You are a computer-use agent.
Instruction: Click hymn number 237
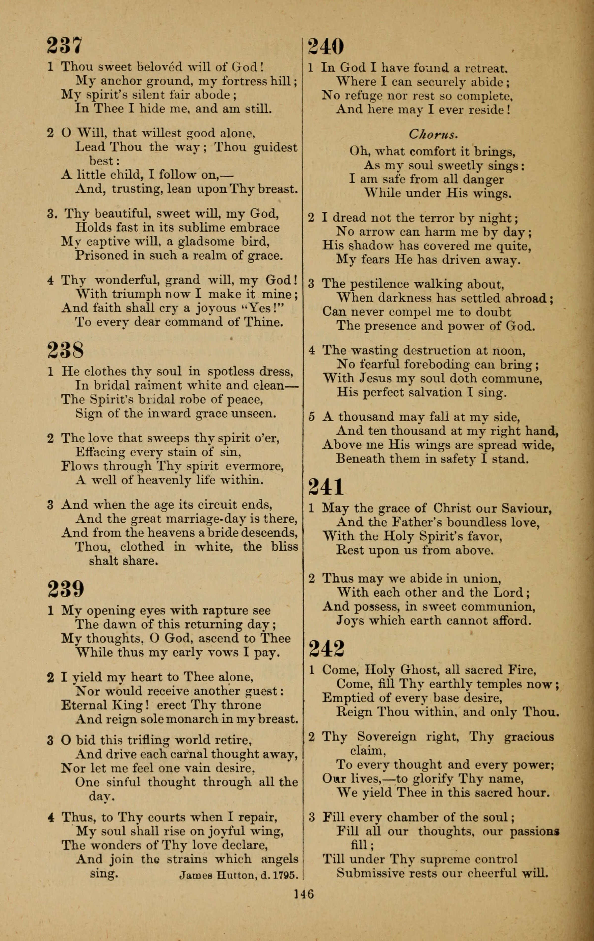65,45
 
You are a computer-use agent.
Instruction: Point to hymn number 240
326,46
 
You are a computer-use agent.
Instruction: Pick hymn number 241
326,487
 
